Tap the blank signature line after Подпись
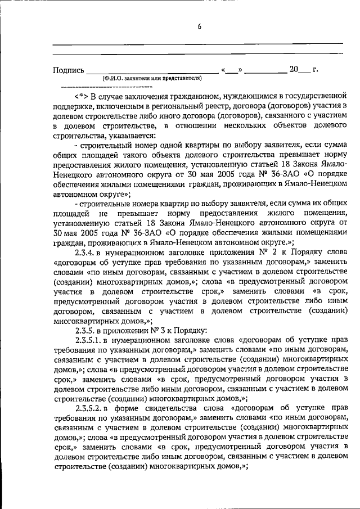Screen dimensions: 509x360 click(152, 71)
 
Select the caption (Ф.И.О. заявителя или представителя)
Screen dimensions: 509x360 click(151, 78)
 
